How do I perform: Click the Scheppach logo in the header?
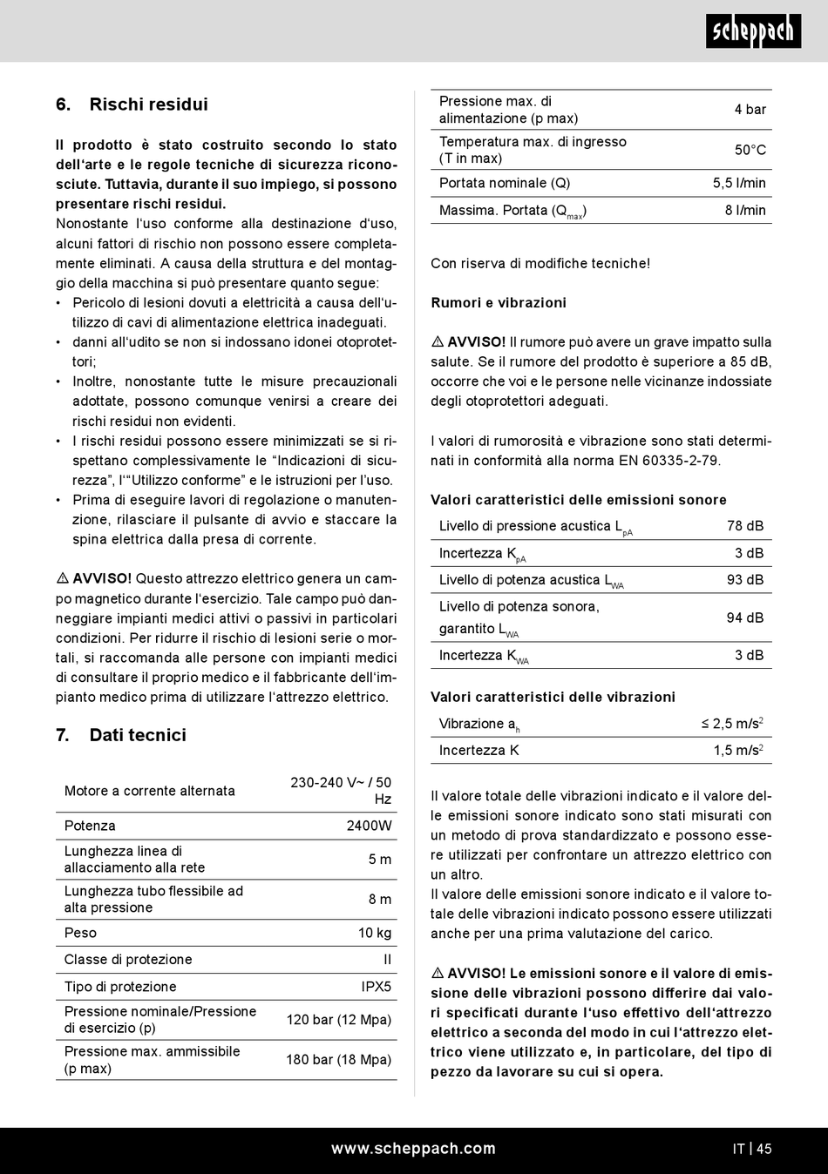pos(753,30)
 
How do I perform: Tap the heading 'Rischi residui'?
pos(148,105)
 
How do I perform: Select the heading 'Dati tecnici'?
pos(138,735)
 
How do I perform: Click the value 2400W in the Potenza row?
pos(369,826)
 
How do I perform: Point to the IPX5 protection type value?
pos(377,987)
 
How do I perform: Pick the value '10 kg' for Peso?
pos(375,933)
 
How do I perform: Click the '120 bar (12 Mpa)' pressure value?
pos(339,1020)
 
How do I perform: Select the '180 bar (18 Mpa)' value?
pos(339,1060)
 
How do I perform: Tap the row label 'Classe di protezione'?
pos(128,960)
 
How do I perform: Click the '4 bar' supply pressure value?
pos(750,110)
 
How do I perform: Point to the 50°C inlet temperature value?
pos(750,150)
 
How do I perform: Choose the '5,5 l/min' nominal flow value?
pos(739,183)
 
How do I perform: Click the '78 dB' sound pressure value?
pos(745,526)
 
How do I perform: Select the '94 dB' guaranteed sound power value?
pos(745,617)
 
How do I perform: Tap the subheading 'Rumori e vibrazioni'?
pos(499,303)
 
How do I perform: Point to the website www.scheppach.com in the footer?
pos(413,1149)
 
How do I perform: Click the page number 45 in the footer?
pos(764,1149)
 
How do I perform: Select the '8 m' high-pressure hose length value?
pos(380,899)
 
